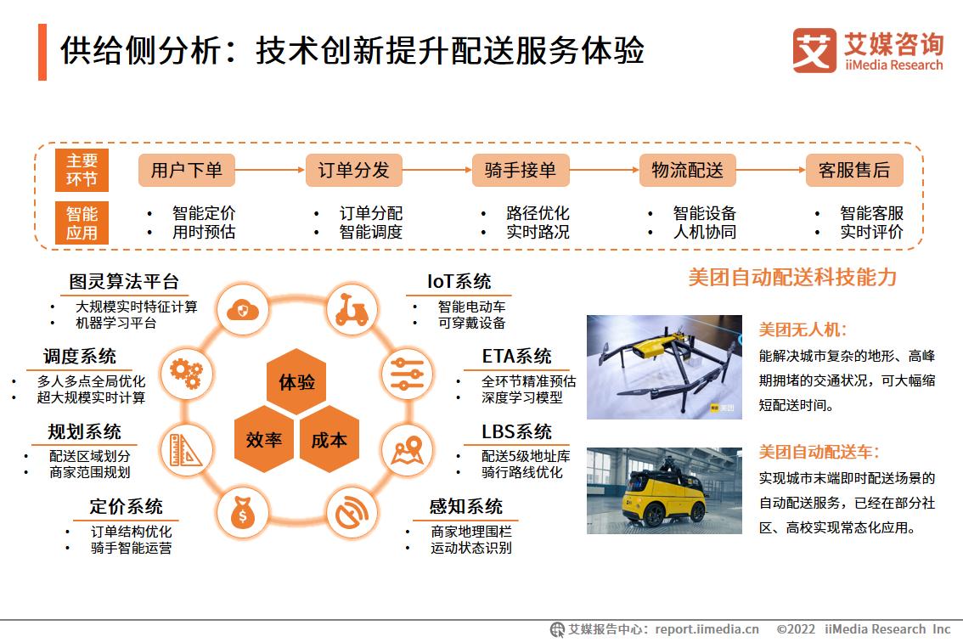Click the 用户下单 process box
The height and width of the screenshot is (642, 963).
tap(186, 170)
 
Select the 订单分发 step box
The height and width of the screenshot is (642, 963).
tap(353, 170)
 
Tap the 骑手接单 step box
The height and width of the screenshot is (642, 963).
tap(520, 170)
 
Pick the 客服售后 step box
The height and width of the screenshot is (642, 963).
tap(853, 170)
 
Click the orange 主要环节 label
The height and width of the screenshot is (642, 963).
tap(82, 170)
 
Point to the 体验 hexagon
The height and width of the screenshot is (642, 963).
tap(296, 381)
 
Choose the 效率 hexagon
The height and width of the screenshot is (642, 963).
tap(263, 439)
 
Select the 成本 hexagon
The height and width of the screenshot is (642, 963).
tap(329, 439)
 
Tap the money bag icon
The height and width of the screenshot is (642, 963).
tap(243, 512)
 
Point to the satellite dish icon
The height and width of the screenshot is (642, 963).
tap(351, 512)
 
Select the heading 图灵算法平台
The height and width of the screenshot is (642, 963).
tap(124, 282)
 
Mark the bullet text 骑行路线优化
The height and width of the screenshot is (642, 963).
tap(522, 472)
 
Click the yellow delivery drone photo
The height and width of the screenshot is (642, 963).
tap(664, 367)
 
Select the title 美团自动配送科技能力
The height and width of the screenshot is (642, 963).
tap(791, 278)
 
